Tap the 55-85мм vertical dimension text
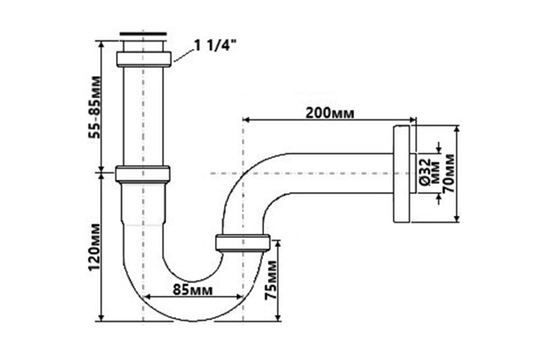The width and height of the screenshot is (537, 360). pyautogui.click(x=95, y=107)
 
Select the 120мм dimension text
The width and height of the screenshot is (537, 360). pyautogui.click(x=95, y=246)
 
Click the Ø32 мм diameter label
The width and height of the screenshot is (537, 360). pyautogui.click(x=428, y=173)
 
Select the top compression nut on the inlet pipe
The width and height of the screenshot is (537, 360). pyautogui.click(x=143, y=59)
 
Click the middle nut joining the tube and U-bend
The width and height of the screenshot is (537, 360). pyautogui.click(x=143, y=174)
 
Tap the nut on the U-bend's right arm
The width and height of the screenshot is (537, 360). pyautogui.click(x=242, y=243)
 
